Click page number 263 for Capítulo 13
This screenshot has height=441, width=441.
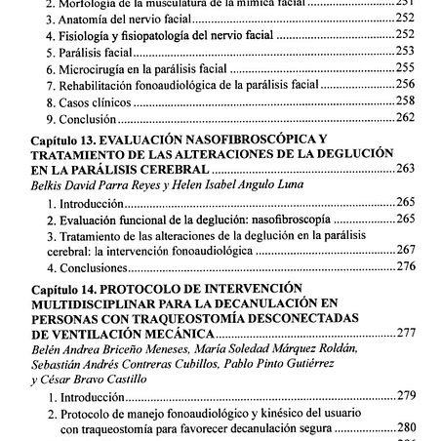pyautogui.click(x=407, y=169)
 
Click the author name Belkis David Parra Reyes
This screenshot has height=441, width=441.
pyautogui.click(x=88, y=185)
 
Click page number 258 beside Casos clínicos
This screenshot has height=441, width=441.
pyautogui.click(x=407, y=101)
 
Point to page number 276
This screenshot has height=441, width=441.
pyautogui.click(x=407, y=266)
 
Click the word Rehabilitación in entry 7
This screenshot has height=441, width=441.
pyautogui.click(x=95, y=85)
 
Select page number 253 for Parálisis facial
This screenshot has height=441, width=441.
pyautogui.click(x=407, y=51)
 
